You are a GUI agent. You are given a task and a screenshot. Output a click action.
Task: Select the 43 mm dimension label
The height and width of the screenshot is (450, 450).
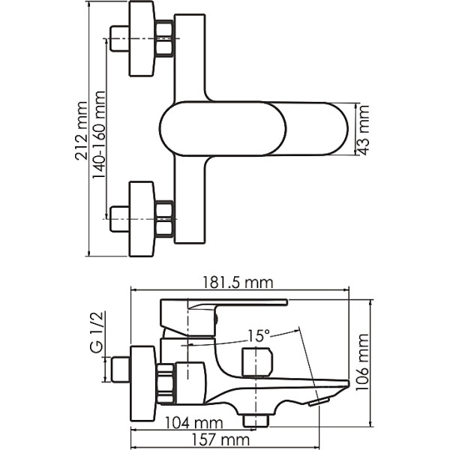point(364,130)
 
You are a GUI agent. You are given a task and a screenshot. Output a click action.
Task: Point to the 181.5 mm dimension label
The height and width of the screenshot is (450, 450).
point(235,283)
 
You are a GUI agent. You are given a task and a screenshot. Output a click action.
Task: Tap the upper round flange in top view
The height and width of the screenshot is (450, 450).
point(142,39)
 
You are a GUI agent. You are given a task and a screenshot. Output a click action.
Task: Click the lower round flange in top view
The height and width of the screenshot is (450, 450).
point(142,218)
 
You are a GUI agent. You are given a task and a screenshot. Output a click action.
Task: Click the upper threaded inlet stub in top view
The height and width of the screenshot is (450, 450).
point(118,39)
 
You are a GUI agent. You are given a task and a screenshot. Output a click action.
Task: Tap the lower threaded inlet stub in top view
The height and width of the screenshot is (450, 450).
point(118,218)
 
